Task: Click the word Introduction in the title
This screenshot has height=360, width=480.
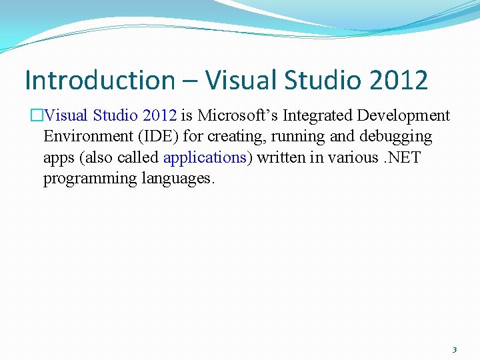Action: point(99,80)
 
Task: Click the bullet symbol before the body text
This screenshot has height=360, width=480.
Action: point(37,116)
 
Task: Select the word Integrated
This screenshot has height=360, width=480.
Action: point(317,115)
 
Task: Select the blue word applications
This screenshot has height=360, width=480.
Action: point(205,157)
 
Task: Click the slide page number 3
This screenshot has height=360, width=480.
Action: point(454,349)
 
